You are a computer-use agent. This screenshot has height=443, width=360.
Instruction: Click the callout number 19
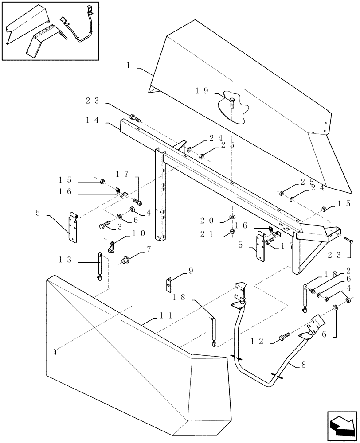(x=202, y=91)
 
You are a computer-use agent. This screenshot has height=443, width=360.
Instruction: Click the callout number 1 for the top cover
(x=128, y=66)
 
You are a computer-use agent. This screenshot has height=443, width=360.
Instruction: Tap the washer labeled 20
(x=232, y=218)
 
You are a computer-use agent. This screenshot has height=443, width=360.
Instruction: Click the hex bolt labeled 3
(x=105, y=226)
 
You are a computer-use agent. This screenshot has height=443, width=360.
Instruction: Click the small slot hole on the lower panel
(x=55, y=352)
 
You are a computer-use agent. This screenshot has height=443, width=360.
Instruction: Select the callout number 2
(x=349, y=270)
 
